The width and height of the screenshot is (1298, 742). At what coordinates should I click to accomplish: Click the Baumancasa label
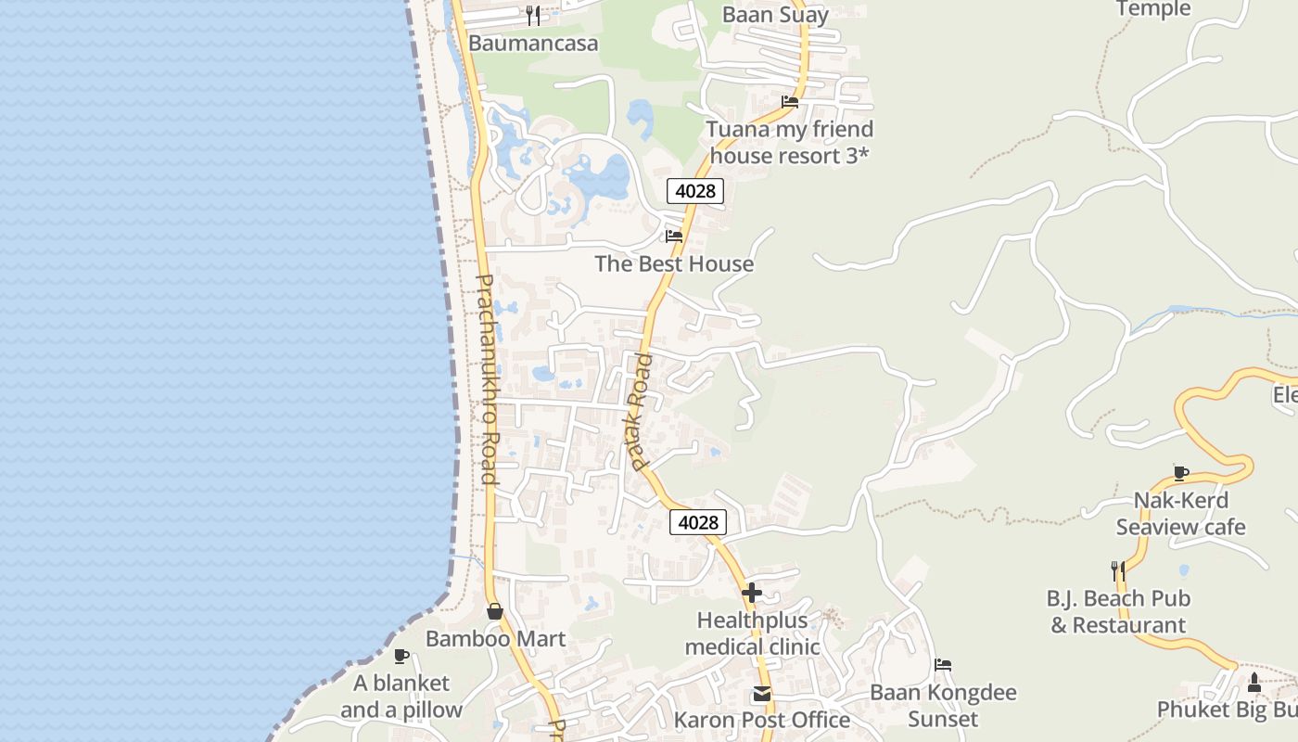click(533, 44)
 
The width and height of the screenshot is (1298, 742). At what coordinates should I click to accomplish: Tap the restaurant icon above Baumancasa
click(533, 15)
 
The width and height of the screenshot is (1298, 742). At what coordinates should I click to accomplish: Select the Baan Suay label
click(775, 15)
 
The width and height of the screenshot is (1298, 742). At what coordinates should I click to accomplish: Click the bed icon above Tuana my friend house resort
click(790, 102)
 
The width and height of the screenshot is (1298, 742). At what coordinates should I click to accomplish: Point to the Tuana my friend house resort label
click(790, 142)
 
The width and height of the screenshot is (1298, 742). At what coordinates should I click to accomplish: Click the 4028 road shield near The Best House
click(695, 191)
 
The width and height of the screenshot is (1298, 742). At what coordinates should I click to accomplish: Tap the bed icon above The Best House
click(674, 236)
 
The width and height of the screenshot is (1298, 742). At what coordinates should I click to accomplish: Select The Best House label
click(674, 264)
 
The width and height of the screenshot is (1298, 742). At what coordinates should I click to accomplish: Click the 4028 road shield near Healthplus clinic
click(698, 522)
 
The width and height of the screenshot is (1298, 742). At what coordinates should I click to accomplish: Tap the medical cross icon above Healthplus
click(752, 592)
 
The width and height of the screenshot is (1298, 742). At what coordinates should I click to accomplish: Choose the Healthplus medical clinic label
click(752, 633)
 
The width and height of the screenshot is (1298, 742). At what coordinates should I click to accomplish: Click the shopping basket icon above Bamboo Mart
click(495, 611)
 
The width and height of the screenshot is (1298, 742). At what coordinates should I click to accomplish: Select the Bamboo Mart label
click(495, 639)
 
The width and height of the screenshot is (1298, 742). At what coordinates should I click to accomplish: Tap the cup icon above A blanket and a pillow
click(401, 656)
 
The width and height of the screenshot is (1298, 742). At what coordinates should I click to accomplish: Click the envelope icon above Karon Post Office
click(762, 693)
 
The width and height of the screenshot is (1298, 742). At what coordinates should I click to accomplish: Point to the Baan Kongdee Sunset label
click(943, 706)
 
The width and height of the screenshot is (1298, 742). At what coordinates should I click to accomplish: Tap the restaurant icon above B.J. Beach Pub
click(1118, 570)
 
